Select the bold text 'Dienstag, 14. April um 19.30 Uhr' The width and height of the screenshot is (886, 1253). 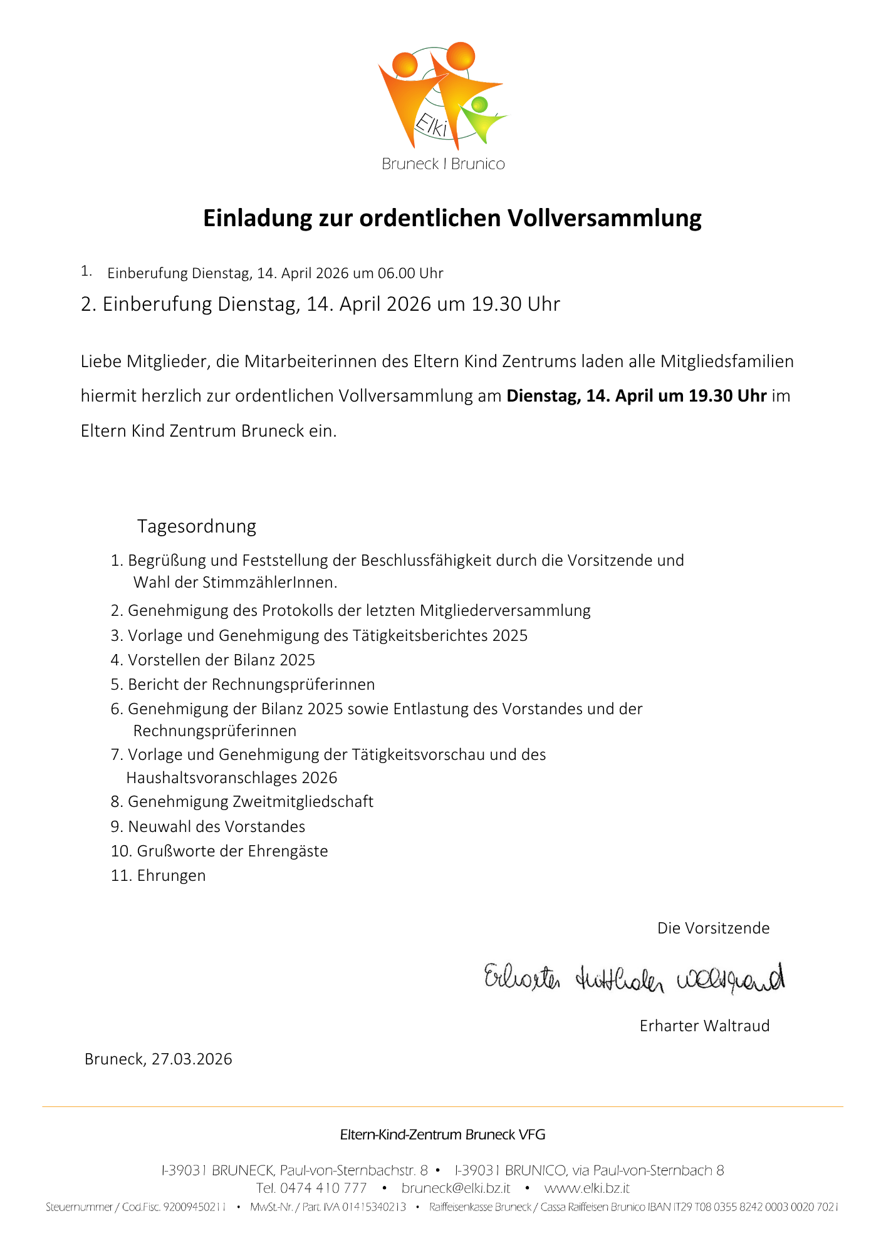click(637, 396)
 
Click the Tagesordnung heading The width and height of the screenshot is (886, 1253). click(197, 526)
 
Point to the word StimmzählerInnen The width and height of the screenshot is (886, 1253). click(269, 583)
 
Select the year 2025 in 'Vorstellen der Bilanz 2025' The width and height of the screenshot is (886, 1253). click(298, 660)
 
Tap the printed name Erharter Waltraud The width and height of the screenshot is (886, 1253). click(704, 1026)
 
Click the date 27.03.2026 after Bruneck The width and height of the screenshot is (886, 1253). click(192, 1059)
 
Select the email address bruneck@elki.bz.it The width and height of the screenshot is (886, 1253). click(456, 1188)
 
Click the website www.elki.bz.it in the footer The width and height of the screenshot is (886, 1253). click(586, 1188)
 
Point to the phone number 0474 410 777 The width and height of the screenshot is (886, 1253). click(323, 1188)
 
